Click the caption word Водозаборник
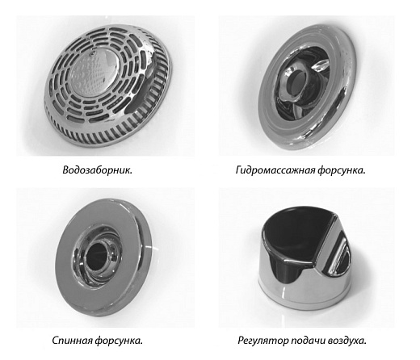coord(98,170)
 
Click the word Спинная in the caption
coord(72,341)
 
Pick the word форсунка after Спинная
coord(119,341)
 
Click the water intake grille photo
coord(107,86)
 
